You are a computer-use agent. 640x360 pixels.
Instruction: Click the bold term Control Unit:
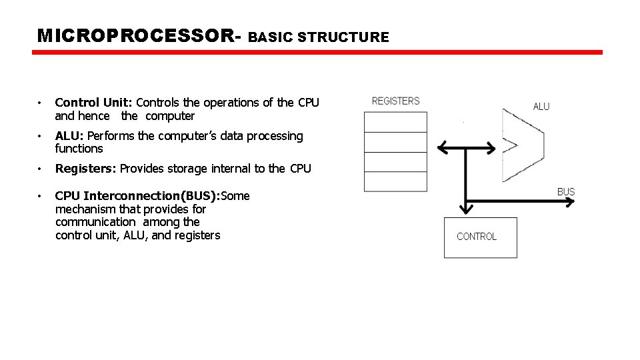(94, 103)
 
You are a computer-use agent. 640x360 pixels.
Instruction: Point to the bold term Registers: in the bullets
(85, 169)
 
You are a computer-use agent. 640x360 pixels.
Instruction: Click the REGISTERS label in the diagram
(395, 101)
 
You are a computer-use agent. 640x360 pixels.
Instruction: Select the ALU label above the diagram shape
(541, 107)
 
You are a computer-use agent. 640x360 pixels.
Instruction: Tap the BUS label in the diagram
(565, 192)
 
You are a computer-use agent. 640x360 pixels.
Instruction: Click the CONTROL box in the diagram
(480, 237)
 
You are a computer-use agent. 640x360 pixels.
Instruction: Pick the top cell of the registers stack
(395, 122)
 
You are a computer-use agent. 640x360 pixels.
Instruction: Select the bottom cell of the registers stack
(395, 181)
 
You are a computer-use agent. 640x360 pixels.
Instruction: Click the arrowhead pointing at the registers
(441, 147)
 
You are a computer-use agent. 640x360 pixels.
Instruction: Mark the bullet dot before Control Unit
(41, 103)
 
